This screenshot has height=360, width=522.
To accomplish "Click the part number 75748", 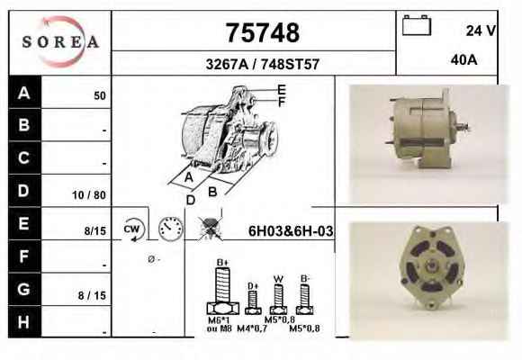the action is (263, 32).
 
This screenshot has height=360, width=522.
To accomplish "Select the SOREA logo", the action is (60, 42).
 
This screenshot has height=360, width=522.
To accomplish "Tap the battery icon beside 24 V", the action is (417, 25).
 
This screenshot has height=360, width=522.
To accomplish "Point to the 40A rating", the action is (463, 60).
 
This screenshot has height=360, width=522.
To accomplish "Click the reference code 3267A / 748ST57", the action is (263, 64).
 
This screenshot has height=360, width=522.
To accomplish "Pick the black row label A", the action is (24, 92).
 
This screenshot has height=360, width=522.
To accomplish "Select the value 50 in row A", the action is (100, 96).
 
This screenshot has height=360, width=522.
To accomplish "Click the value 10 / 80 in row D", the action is (89, 195).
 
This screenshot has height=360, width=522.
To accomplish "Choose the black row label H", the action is (24, 322).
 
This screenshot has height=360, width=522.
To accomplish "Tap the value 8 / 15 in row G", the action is (92, 295).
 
